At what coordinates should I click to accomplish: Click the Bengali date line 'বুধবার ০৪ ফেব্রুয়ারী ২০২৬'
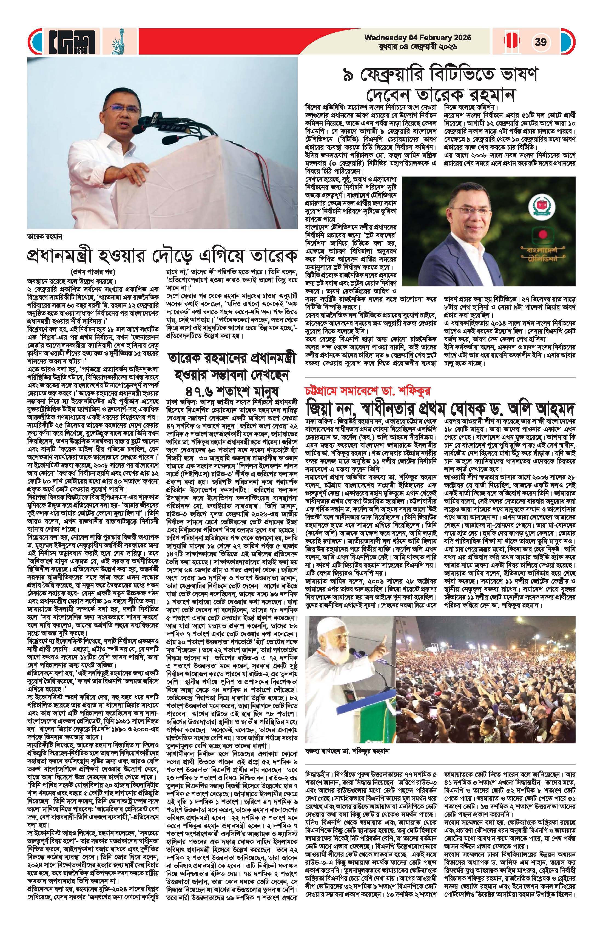[x=418, y=47]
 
